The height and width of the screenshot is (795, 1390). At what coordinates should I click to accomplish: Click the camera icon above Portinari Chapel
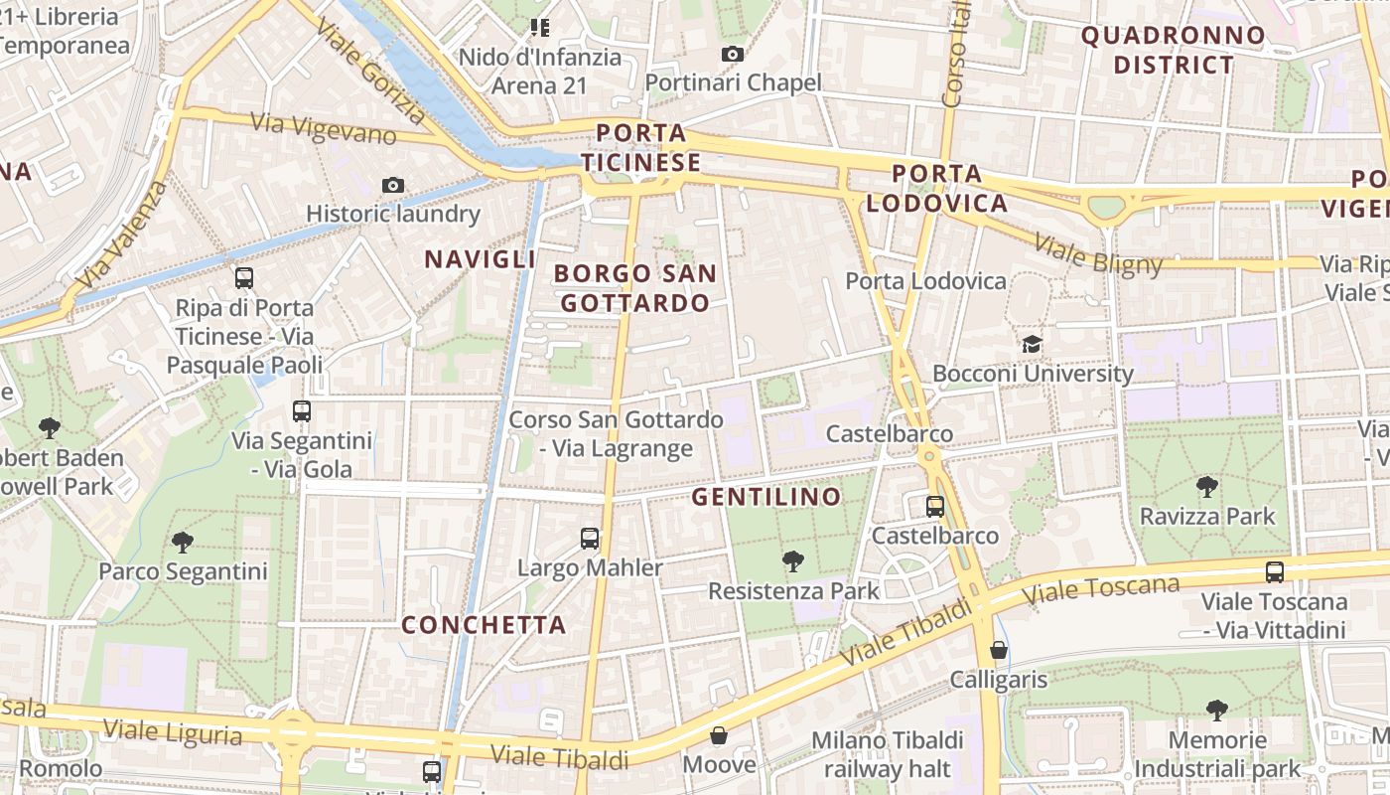pyautogui.click(x=733, y=54)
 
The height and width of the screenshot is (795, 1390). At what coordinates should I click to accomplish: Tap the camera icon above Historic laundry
pyautogui.click(x=393, y=185)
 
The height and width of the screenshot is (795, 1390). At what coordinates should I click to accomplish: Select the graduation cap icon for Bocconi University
pyautogui.click(x=1033, y=344)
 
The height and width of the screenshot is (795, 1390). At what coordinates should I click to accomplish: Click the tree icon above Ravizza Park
pyautogui.click(x=1207, y=486)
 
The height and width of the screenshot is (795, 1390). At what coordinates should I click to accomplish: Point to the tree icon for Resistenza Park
pyautogui.click(x=792, y=561)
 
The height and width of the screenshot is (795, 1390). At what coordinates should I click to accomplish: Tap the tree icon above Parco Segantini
pyautogui.click(x=183, y=542)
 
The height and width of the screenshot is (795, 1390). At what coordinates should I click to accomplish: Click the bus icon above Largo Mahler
pyautogui.click(x=590, y=539)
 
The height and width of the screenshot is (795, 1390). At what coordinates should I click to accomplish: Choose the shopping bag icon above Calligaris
pyautogui.click(x=999, y=650)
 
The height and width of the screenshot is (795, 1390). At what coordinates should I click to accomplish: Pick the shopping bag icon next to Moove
pyautogui.click(x=719, y=735)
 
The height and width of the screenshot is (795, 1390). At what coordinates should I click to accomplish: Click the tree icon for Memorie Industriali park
pyautogui.click(x=1217, y=710)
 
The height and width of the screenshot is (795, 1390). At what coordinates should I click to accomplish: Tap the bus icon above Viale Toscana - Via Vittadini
pyautogui.click(x=1275, y=571)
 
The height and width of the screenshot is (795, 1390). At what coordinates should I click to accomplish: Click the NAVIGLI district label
pyautogui.click(x=481, y=259)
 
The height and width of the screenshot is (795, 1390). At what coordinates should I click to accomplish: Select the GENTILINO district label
pyautogui.click(x=766, y=496)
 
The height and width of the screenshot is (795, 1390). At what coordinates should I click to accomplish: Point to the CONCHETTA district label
pyautogui.click(x=484, y=625)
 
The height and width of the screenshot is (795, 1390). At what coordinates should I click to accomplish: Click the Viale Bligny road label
pyautogui.click(x=1097, y=253)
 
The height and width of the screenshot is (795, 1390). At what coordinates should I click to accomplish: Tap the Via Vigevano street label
pyautogui.click(x=324, y=127)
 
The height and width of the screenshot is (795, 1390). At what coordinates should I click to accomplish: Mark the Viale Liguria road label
pyautogui.click(x=173, y=732)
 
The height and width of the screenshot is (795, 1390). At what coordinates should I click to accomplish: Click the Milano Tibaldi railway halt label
pyautogui.click(x=887, y=754)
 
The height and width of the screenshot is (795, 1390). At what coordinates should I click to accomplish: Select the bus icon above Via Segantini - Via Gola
pyautogui.click(x=302, y=410)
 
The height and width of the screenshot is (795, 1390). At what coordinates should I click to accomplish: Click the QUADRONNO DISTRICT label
pyautogui.click(x=1174, y=51)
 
